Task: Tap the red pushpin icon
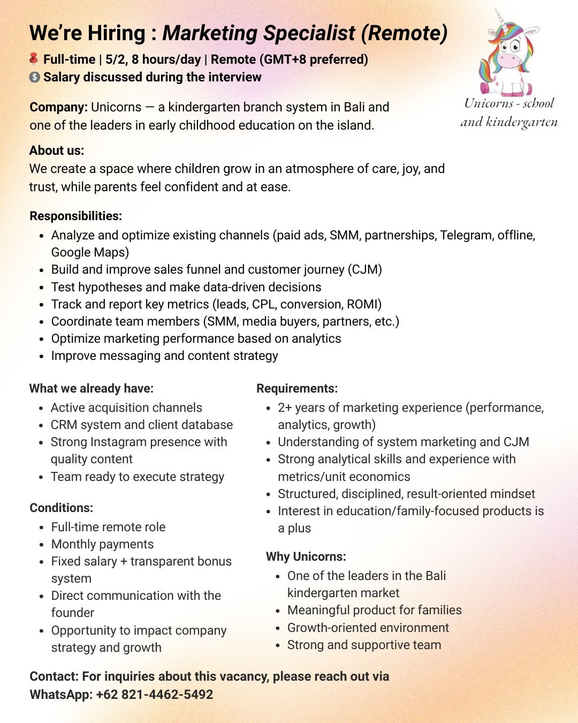[34, 58]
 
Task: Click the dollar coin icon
[34, 77]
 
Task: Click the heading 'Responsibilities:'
[75, 216]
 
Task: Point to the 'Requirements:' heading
[297, 388]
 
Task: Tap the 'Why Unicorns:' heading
[306, 556]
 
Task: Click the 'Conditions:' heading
[61, 508]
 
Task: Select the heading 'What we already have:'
[91, 388]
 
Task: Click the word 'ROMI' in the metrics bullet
[362, 304]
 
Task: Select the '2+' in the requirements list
[285, 408]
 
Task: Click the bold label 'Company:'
[58, 107]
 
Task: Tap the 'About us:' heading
[57, 150]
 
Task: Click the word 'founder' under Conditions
[72, 613]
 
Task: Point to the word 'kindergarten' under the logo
[521, 122]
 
